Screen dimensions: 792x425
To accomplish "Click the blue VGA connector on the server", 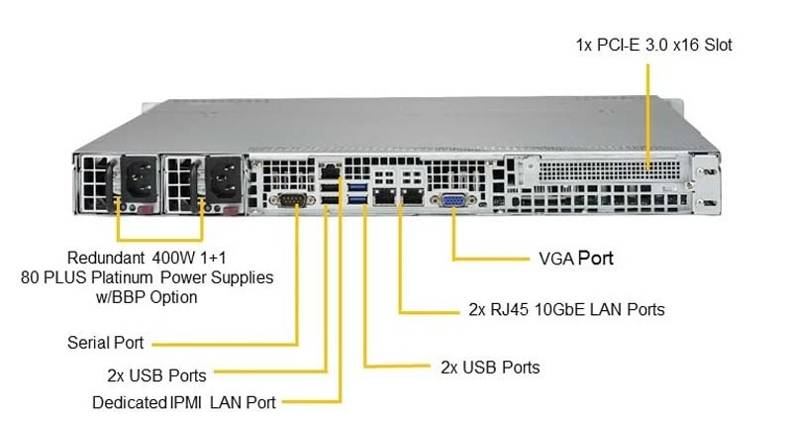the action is tap(453, 200).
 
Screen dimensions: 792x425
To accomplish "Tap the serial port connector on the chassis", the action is tap(292, 199).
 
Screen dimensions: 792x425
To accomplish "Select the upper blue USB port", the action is tap(357, 187).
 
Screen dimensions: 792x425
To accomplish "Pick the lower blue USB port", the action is tap(357, 199).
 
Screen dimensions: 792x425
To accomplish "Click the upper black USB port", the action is tap(330, 188).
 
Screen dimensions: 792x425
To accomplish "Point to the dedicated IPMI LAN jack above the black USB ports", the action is tap(331, 171).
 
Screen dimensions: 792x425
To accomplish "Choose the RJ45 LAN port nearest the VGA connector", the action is tap(413, 195).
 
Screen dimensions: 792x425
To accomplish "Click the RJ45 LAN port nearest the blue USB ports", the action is tap(385, 195).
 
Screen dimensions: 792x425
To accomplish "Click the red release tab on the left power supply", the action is tap(146, 209).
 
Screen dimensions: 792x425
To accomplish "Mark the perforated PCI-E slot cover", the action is tap(609, 170).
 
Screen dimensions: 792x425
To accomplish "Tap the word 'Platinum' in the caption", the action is tap(122, 277).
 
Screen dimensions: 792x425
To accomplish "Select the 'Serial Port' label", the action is tap(106, 343).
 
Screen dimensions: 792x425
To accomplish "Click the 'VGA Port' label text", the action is tap(576, 259).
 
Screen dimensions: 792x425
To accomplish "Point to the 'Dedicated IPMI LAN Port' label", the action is tap(184, 403).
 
